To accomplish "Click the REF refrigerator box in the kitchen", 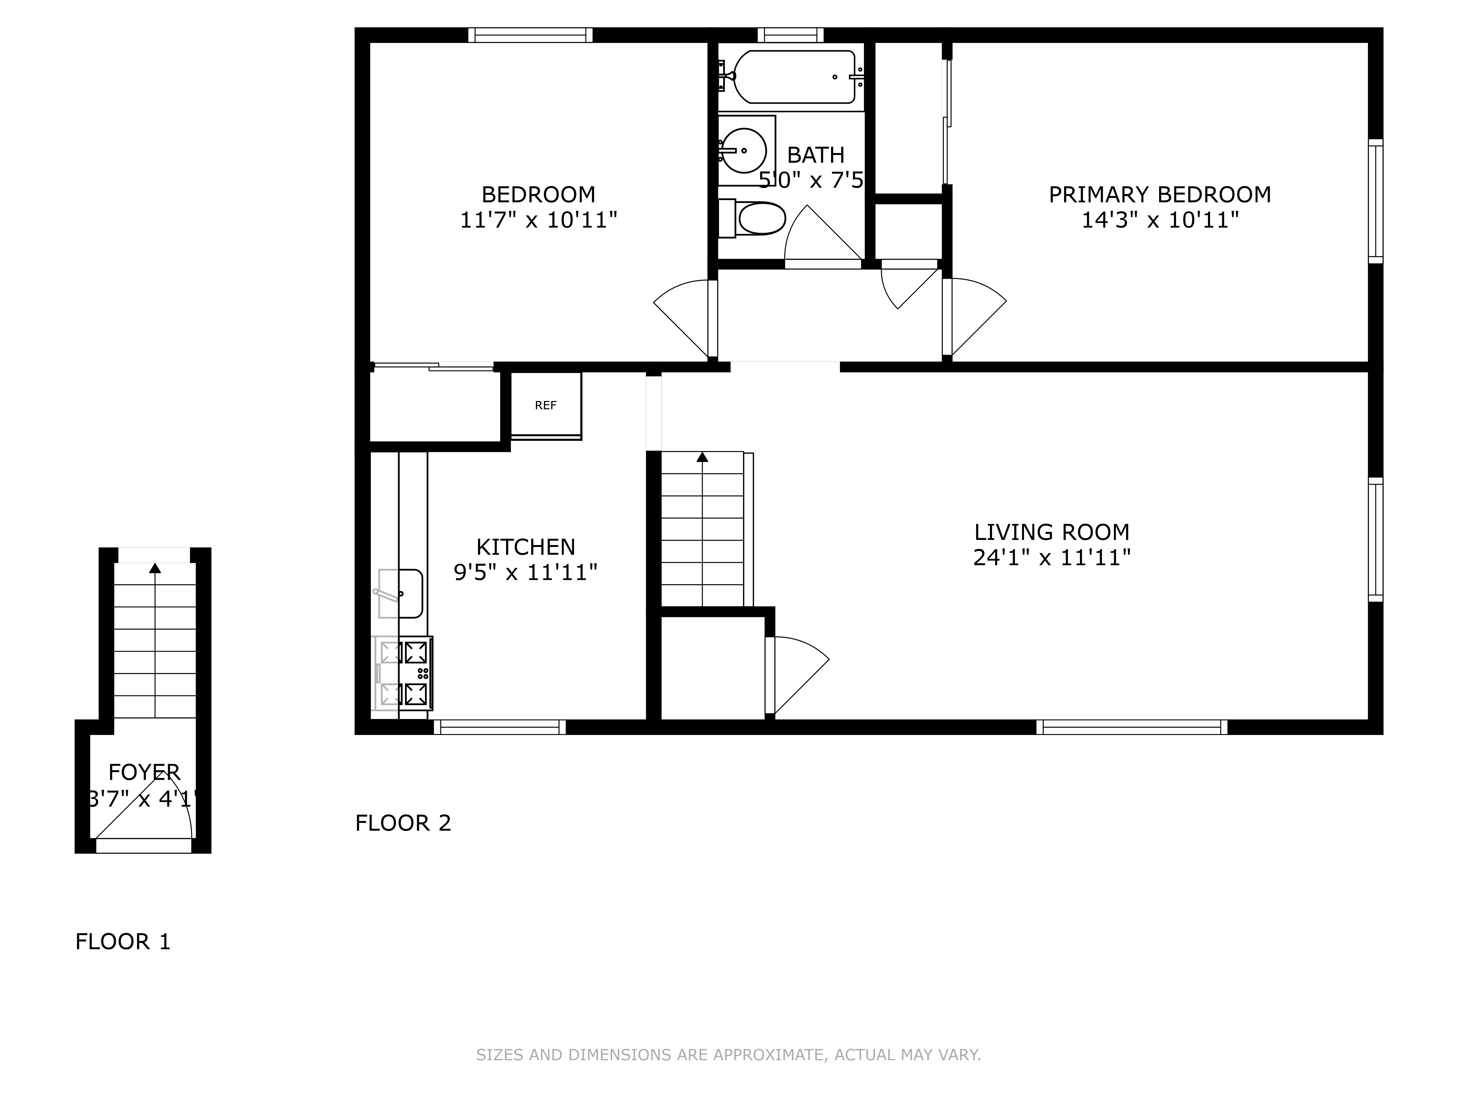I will (546, 405).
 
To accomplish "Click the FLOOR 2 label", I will (403, 823).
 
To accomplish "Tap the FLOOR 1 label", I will (123, 941).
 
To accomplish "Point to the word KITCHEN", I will (525, 547).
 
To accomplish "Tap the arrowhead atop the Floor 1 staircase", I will (155, 568).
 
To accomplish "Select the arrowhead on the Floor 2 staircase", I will (702, 457).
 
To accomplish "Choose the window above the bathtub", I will (790, 35).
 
